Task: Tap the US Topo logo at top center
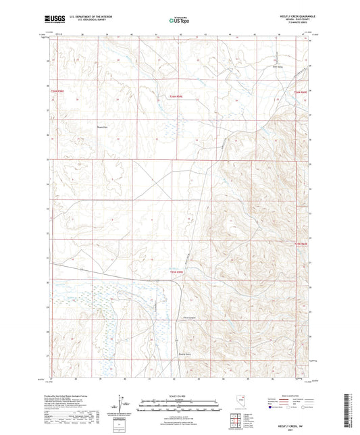178,20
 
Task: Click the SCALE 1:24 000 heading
179,395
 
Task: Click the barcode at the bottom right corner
349,409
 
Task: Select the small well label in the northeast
275,66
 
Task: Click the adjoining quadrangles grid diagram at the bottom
233,418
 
